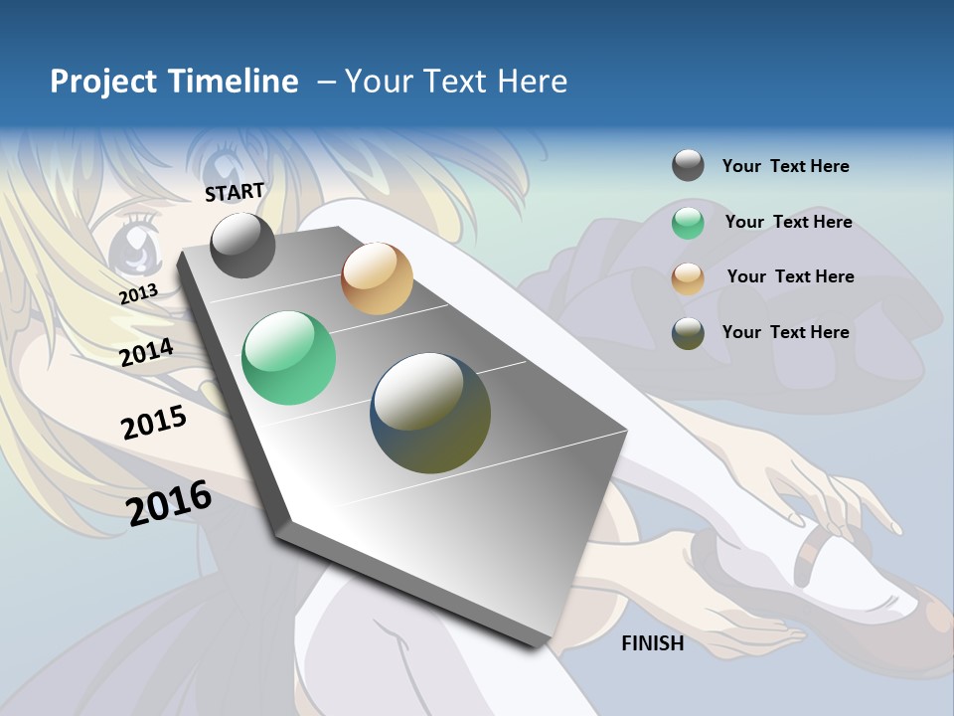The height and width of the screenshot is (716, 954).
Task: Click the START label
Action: coord(235,191)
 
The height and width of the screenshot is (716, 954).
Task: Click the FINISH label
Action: coord(652,643)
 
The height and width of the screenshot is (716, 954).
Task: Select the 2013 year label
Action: coord(138,293)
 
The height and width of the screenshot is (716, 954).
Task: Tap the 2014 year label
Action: coord(147,352)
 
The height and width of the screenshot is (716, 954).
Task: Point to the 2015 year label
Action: coord(154,423)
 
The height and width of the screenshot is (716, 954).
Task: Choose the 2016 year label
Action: coord(169,502)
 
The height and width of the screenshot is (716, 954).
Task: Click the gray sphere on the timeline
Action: coord(242,245)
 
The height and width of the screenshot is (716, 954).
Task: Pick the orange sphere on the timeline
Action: coord(377,278)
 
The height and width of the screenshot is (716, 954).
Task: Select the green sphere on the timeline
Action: coord(289,358)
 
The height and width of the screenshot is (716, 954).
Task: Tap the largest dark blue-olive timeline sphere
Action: coord(430,413)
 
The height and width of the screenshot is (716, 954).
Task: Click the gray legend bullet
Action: coord(688,165)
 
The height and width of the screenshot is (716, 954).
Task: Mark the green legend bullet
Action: coord(688,223)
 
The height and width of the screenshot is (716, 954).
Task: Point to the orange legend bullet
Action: coord(688,278)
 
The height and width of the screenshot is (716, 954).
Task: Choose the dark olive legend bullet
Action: coord(688,333)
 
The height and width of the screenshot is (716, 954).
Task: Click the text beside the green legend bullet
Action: coord(788,222)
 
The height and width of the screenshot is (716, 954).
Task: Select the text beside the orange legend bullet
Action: coord(790,276)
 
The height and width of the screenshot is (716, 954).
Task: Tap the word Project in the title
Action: coord(102,82)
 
